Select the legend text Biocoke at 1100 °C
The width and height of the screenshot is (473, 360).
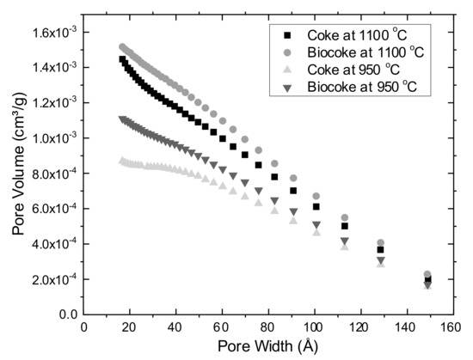(x=370, y=52)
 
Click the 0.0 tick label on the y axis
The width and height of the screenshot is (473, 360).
(x=68, y=315)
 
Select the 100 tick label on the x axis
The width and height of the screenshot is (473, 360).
(x=315, y=327)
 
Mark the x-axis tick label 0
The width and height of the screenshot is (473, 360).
(x=83, y=327)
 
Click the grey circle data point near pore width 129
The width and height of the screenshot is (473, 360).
(x=381, y=243)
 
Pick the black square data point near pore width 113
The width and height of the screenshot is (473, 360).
(x=345, y=226)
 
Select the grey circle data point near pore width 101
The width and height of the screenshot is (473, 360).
(x=316, y=197)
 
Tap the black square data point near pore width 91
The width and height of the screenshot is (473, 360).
(x=293, y=191)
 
